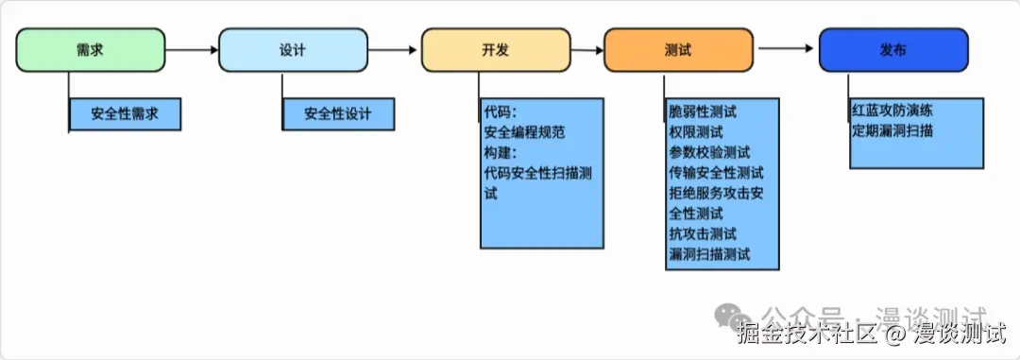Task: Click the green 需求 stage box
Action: [91, 50]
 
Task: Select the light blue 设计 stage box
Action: [293, 50]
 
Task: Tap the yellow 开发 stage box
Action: [495, 50]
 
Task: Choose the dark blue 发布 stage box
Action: [892, 50]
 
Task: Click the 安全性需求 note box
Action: [125, 114]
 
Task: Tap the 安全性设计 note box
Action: [337, 114]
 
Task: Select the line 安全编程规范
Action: [524, 132]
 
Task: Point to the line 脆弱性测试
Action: [703, 111]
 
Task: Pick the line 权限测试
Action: [695, 132]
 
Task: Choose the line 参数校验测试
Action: [709, 152]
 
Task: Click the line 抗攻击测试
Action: [703, 233]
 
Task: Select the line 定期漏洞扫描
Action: [892, 131]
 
